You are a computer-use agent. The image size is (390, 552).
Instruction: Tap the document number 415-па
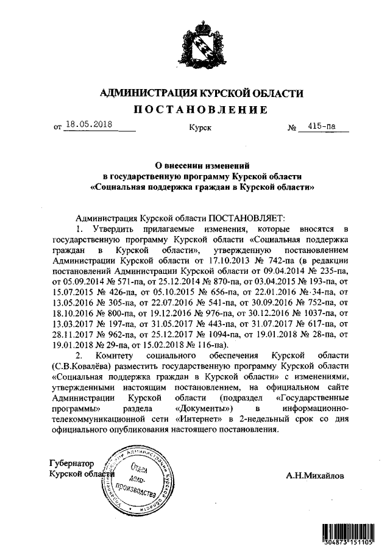pos(322,126)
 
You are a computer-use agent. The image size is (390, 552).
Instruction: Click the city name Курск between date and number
pos(200,128)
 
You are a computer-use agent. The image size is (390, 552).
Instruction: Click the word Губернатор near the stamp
pos(74,464)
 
